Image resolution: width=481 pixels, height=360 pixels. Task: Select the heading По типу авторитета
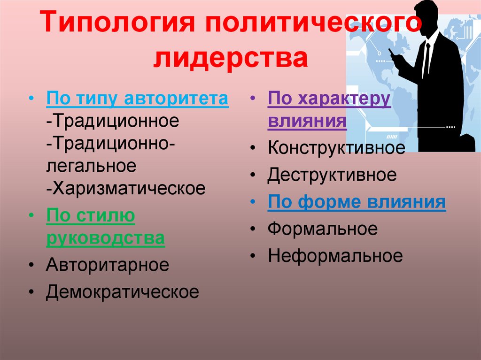click(x=138, y=99)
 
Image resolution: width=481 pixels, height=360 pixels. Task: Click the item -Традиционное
click(x=113, y=121)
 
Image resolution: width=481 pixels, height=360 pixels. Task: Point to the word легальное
click(x=92, y=166)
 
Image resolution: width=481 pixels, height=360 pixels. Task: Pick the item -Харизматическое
click(x=126, y=188)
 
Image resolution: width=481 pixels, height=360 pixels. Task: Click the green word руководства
click(x=106, y=238)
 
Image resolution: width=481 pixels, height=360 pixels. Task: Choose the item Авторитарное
click(x=108, y=265)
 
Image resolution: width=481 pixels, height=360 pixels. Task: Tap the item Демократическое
click(x=123, y=292)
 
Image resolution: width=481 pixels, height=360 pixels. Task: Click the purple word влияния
click(x=307, y=121)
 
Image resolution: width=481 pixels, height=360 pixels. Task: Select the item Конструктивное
click(x=336, y=148)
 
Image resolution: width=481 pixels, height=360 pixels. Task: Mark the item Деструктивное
click(x=332, y=175)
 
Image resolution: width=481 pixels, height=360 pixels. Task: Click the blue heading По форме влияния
click(x=357, y=202)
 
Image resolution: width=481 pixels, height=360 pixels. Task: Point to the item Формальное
click(x=322, y=229)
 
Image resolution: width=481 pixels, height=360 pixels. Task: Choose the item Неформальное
click(x=335, y=256)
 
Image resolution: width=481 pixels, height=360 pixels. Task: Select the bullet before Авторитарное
click(x=31, y=265)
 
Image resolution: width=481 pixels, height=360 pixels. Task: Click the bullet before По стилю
click(x=31, y=215)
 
